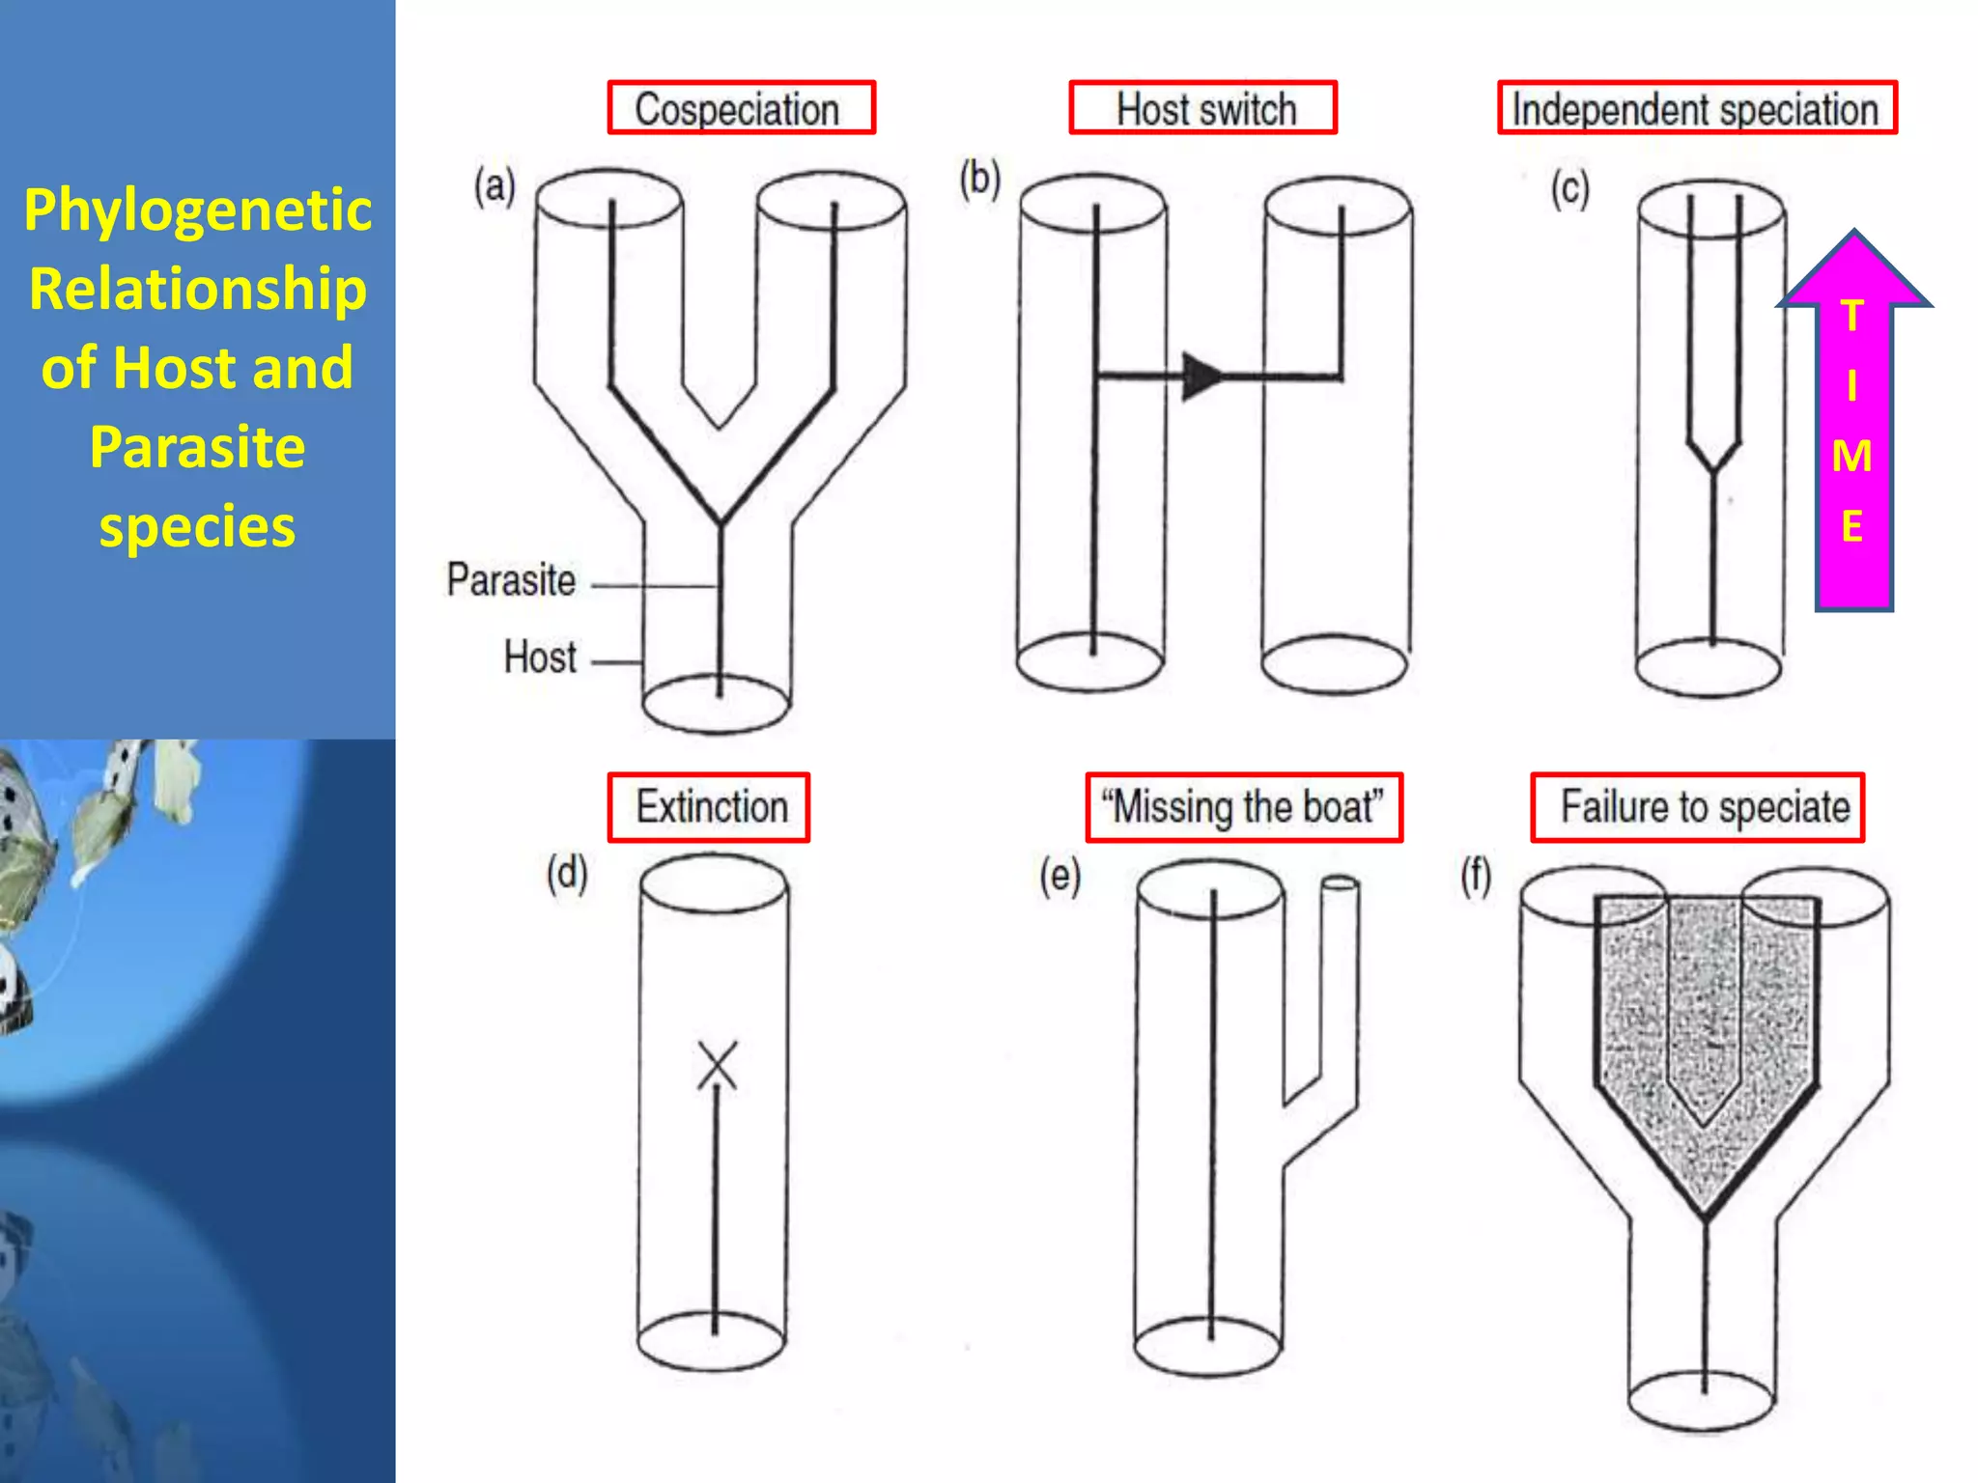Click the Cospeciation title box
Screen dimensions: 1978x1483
(x=741, y=107)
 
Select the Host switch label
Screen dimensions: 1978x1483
(x=1203, y=107)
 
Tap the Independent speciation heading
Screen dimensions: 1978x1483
(x=1697, y=107)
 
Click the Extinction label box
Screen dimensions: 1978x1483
(x=709, y=807)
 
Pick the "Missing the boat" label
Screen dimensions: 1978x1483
(x=1244, y=807)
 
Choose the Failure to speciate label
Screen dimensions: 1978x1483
(x=1697, y=807)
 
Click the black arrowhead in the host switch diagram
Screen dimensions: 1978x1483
(x=1203, y=376)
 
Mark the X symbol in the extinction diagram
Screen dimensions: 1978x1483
(x=718, y=1065)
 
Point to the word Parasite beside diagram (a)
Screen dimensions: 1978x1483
(x=511, y=580)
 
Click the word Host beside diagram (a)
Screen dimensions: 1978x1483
(x=540, y=658)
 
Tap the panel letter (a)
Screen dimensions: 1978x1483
(x=494, y=185)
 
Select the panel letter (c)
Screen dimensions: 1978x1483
(x=1569, y=188)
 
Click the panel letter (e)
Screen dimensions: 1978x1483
(x=1060, y=877)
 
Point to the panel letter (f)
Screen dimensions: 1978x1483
(x=1476, y=877)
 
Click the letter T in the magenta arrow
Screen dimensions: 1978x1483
(x=1851, y=316)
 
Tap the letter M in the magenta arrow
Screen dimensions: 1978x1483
(x=1851, y=456)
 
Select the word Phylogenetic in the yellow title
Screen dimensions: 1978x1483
(x=198, y=210)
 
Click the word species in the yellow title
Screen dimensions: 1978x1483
(x=198, y=527)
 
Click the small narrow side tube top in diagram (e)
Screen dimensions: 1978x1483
(x=1341, y=882)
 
